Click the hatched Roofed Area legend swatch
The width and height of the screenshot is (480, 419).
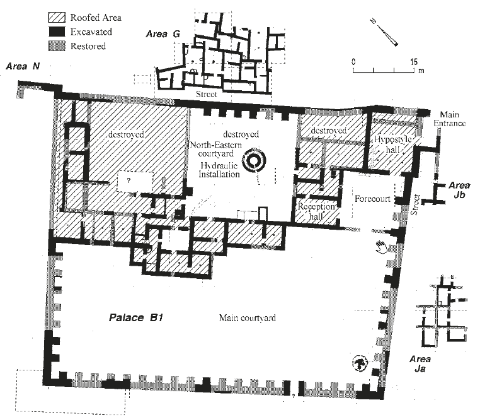[x=57, y=18]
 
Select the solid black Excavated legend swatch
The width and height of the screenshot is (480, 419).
[x=57, y=32]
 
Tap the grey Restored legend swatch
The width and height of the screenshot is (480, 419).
[x=57, y=46]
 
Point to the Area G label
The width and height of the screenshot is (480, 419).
[x=163, y=34]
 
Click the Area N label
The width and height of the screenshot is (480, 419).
[x=23, y=66]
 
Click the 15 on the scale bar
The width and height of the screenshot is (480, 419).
[x=414, y=62]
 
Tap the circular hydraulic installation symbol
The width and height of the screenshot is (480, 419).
[x=254, y=161]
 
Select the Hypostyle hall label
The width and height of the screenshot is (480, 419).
[x=392, y=145]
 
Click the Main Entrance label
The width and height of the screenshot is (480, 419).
[x=449, y=119]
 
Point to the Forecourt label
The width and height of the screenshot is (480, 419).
[x=372, y=199]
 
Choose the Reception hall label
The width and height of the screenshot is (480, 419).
[x=316, y=211]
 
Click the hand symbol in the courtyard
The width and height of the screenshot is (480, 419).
[x=382, y=247]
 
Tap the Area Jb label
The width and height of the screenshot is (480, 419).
[x=459, y=190]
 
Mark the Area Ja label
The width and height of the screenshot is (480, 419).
[x=420, y=363]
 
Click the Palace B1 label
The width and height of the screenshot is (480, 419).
[x=135, y=317]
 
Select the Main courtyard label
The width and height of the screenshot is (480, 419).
[x=248, y=317]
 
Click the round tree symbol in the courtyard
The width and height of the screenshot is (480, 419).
[x=360, y=363]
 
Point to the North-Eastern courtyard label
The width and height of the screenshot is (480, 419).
[x=216, y=149]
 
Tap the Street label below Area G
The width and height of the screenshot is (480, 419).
[x=207, y=94]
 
